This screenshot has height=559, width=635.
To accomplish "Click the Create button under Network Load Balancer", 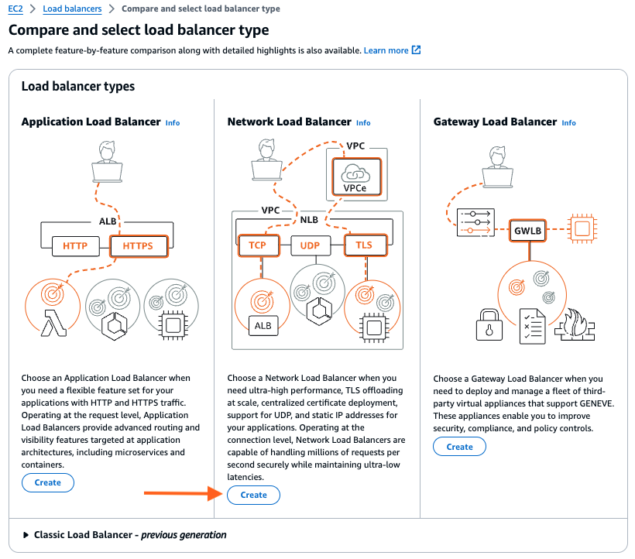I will (x=253, y=495).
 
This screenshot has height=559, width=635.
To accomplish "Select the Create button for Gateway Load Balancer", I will (x=459, y=447).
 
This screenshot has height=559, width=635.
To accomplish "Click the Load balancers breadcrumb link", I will (x=72, y=9).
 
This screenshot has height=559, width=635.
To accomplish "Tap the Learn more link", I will (x=386, y=50).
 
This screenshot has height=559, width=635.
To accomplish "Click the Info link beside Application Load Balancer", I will (x=173, y=122).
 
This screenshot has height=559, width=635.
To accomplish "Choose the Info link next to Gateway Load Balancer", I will (x=568, y=122).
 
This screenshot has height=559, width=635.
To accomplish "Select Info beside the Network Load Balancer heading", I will (x=363, y=122).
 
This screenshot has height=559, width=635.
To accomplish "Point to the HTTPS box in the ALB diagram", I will (x=139, y=247).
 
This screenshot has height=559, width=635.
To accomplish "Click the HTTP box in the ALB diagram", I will (x=75, y=247).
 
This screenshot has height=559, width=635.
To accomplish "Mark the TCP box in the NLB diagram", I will (x=258, y=245).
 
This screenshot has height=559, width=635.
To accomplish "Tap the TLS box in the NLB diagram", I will (x=363, y=245).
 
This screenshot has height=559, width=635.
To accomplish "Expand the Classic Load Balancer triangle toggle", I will (x=26, y=535).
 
